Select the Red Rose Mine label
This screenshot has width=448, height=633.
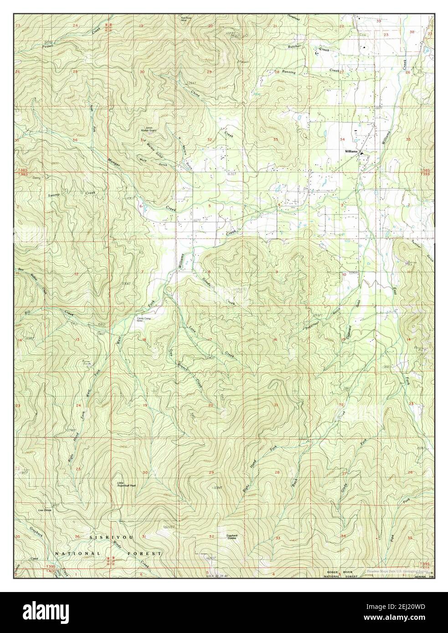[x=186, y=19]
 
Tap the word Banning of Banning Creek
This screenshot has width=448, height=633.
[x=288, y=72]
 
